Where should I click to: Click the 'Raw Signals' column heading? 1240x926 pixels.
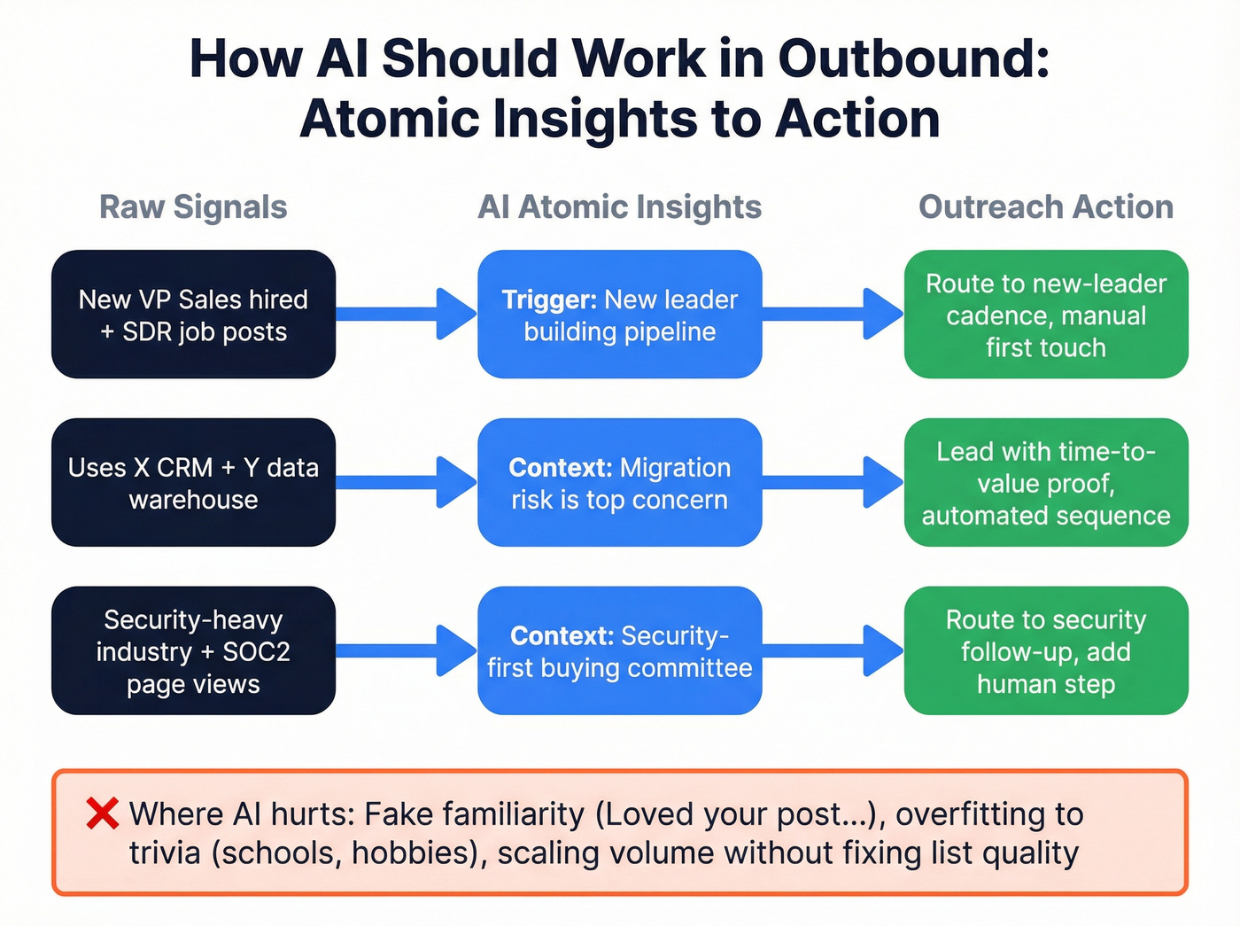[x=193, y=207]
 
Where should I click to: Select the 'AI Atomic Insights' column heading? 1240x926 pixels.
[x=619, y=207]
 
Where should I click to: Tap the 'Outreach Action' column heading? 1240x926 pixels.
[x=1046, y=207]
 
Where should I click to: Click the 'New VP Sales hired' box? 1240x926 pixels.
[x=193, y=315]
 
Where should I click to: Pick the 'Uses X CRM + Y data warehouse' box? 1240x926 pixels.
[x=193, y=483]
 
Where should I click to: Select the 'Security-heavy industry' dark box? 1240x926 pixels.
[x=193, y=651]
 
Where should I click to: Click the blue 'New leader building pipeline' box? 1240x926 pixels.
[x=619, y=315]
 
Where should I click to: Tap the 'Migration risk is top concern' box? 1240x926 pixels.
[x=619, y=483]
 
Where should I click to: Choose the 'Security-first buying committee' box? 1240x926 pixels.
[x=619, y=651]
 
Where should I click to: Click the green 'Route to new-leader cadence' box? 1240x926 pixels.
[x=1046, y=315]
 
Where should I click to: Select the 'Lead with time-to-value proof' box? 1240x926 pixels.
[x=1046, y=483]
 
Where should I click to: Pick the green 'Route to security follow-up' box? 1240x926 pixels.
[x=1046, y=651]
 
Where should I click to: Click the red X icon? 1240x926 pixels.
[x=103, y=813]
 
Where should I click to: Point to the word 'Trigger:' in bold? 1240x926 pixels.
[x=549, y=300]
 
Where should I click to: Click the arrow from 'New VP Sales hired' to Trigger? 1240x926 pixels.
[x=407, y=314]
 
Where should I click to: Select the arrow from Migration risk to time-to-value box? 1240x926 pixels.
[x=833, y=482]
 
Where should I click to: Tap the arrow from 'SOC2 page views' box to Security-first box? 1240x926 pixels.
[x=407, y=650]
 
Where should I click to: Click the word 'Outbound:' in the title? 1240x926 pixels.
[x=913, y=59]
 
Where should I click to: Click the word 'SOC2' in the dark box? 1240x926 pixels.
[x=256, y=652]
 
